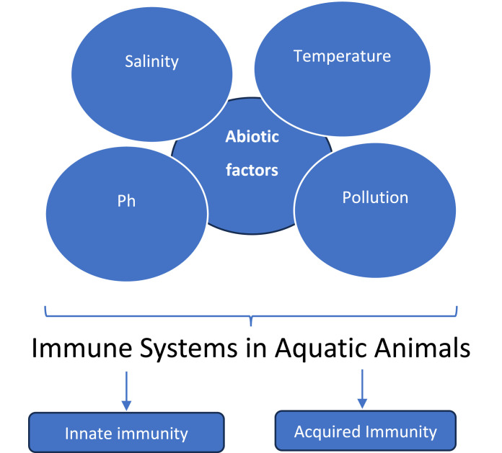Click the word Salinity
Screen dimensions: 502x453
pos(151,61)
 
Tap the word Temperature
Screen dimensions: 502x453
pos(342,55)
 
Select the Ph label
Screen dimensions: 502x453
pos(126,201)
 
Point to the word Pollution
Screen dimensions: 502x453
pos(375,197)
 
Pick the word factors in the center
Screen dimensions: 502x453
pos(252,171)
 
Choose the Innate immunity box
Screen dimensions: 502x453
pos(126,433)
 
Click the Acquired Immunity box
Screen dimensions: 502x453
pos(366,431)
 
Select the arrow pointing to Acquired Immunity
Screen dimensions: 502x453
pos(362,389)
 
